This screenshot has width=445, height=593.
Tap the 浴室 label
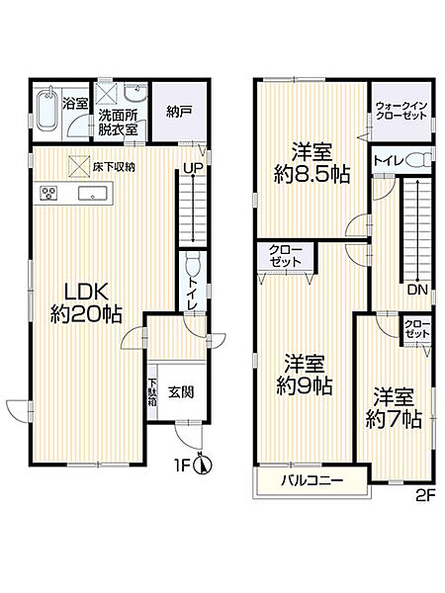[x=74, y=102]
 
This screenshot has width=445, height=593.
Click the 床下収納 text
[x=115, y=166]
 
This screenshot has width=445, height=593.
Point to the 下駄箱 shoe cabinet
[x=153, y=392]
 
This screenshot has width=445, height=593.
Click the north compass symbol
[x=202, y=462]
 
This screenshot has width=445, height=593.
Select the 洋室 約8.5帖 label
[x=311, y=162]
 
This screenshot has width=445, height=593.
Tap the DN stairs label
[x=416, y=292]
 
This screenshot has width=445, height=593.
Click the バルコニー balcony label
[x=310, y=480]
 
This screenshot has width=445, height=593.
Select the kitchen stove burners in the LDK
[x=49, y=192]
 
